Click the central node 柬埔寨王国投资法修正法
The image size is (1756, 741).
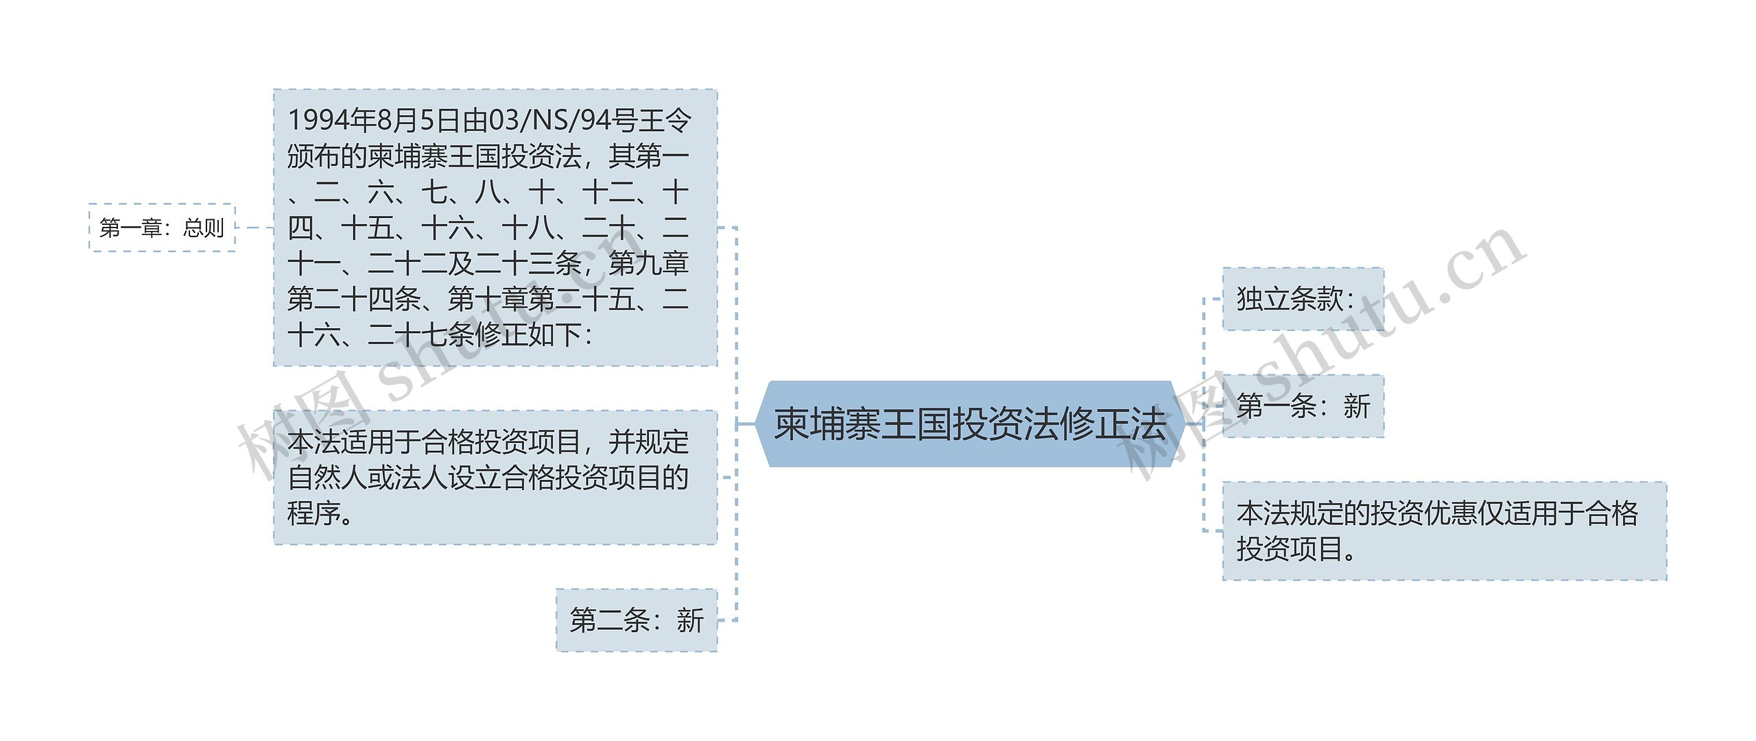(970, 424)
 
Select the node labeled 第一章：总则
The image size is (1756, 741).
(162, 228)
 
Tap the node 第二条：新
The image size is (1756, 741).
(637, 620)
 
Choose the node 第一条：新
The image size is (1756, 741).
(1303, 406)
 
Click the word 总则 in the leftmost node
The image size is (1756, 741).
(204, 228)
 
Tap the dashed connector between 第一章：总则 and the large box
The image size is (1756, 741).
(254, 228)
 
